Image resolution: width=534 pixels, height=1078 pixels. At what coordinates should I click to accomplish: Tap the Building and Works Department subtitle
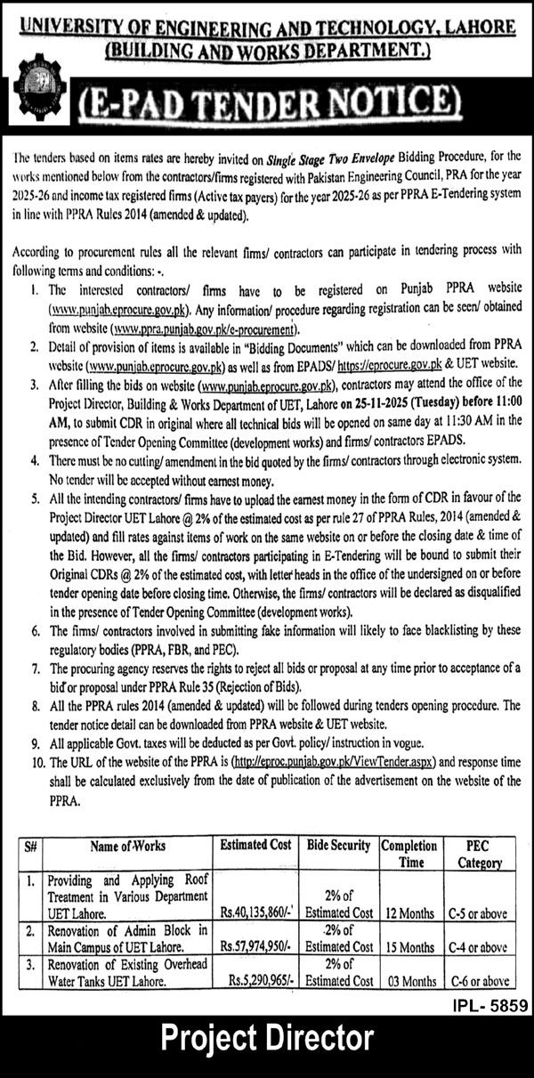267,53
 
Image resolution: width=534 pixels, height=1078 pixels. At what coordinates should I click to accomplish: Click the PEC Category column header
480,854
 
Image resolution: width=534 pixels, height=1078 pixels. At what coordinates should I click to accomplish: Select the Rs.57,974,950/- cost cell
255,947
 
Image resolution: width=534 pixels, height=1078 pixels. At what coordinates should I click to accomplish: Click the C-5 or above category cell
480,913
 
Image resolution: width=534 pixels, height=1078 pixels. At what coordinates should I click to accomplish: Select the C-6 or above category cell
480,981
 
